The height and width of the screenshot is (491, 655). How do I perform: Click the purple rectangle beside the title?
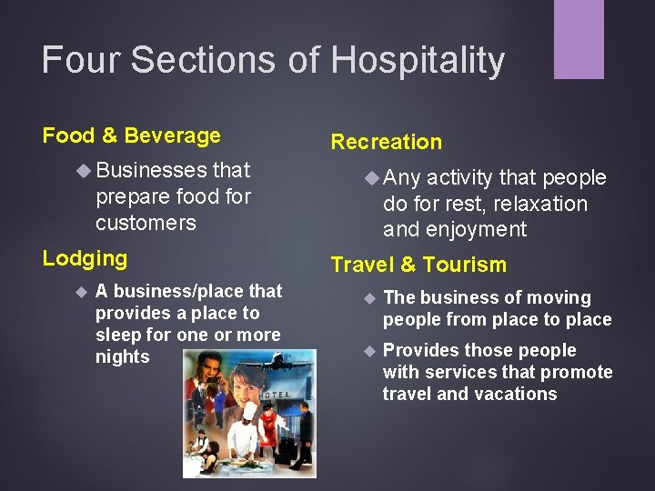pyautogui.click(x=579, y=39)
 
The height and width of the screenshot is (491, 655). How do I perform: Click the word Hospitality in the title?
pyautogui.click(x=418, y=61)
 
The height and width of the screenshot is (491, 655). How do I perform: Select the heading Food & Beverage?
pyautogui.click(x=132, y=136)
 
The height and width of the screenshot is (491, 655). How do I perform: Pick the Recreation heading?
pyautogui.click(x=386, y=142)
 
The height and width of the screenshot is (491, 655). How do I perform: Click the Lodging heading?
pyautogui.click(x=85, y=258)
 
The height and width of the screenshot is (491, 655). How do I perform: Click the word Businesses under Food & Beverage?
pyautogui.click(x=151, y=170)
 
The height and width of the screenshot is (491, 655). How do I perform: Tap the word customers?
pyautogui.click(x=146, y=223)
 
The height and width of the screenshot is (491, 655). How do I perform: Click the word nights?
pyautogui.click(x=122, y=357)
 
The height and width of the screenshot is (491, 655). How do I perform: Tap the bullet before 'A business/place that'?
pyautogui.click(x=80, y=292)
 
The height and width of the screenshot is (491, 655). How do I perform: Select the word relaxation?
pyautogui.click(x=540, y=204)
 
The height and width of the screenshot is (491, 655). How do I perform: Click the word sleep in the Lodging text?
pyautogui.click(x=119, y=336)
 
